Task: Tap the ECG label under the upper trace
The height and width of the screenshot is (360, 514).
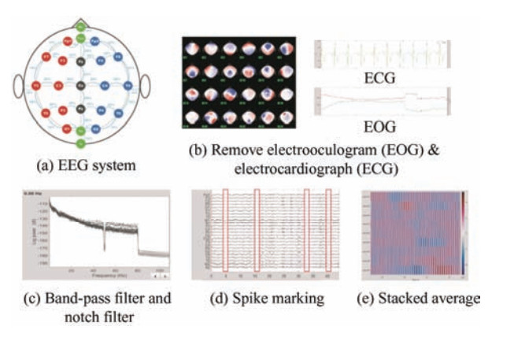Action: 384,79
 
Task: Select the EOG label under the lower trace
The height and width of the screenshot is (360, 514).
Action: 384,125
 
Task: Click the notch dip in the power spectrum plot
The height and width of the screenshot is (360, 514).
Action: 105,236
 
